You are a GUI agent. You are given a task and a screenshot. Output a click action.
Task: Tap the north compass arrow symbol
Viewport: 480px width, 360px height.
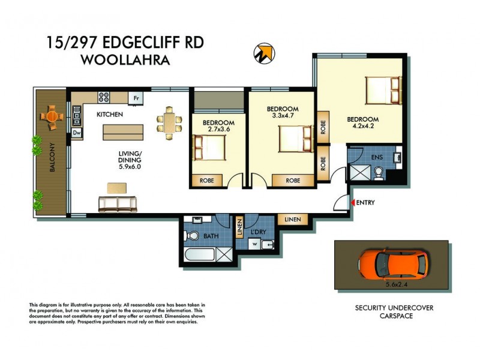[263, 53]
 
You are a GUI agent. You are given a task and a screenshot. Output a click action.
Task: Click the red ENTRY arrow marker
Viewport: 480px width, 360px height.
[353, 203]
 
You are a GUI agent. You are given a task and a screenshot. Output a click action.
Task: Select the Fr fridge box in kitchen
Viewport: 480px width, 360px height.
[136, 98]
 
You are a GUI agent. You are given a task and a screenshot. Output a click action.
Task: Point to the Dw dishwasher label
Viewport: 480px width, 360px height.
[77, 133]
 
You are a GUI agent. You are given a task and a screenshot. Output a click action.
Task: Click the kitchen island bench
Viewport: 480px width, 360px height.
[123, 131]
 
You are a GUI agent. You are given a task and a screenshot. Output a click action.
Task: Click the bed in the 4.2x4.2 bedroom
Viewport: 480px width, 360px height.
[384, 91]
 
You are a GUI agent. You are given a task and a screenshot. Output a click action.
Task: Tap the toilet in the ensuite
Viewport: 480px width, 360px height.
[379, 173]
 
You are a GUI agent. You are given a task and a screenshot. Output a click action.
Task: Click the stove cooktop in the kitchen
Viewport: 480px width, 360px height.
[103, 96]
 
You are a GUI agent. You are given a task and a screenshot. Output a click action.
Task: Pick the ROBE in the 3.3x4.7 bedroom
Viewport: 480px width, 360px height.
[293, 179]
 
